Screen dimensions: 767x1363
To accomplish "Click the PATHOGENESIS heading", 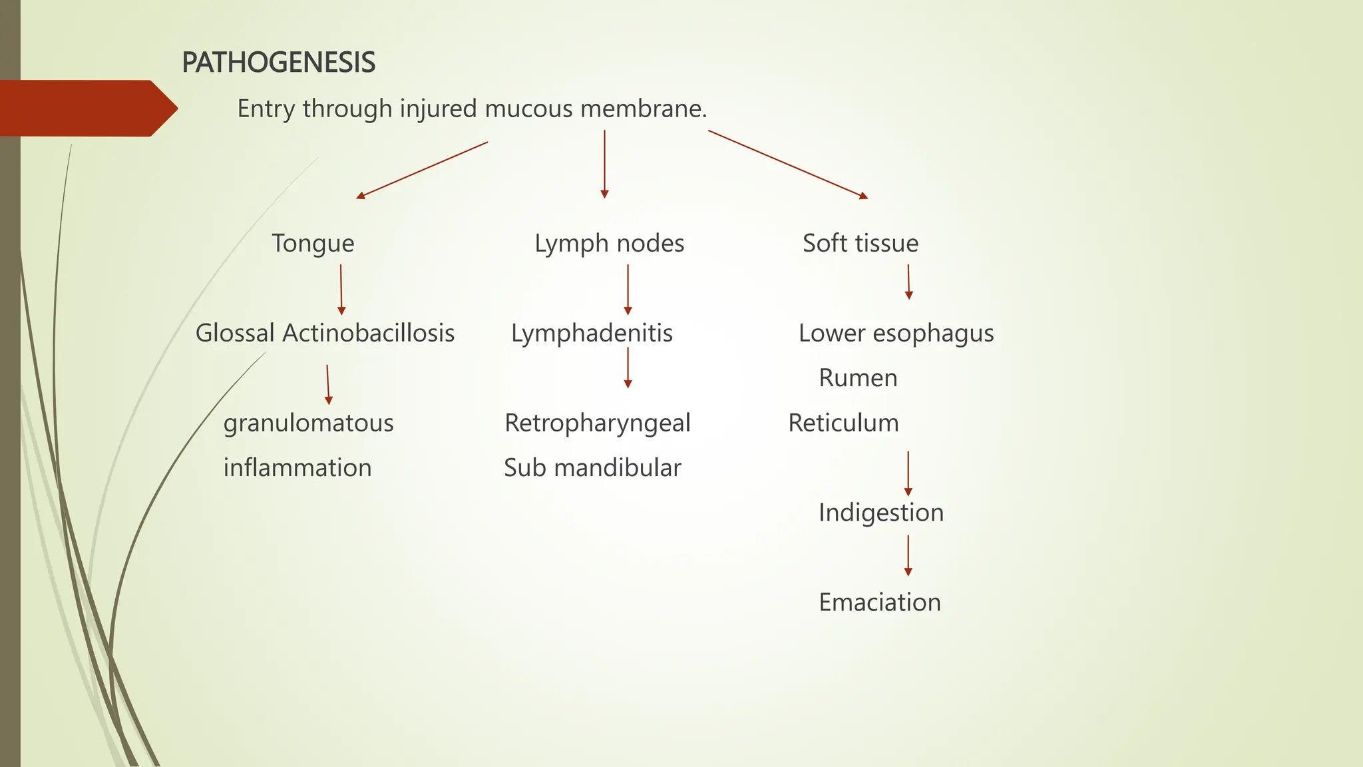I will click(278, 63).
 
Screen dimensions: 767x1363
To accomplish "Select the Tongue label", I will click(313, 244).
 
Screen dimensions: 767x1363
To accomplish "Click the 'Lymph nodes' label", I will click(609, 244).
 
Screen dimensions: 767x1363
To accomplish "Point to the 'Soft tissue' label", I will click(860, 244).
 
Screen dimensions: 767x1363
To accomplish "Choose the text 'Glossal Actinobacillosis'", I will click(325, 334).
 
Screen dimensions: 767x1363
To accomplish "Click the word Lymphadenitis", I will click(592, 334).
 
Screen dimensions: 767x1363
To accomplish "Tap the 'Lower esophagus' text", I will click(896, 334).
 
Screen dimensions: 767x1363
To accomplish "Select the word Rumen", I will click(858, 378).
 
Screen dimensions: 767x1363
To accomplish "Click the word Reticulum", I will click(843, 423).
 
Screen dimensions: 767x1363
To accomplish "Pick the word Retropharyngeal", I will click(597, 423).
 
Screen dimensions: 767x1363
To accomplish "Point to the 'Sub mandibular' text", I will click(592, 468).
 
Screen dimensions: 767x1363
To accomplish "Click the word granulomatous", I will click(308, 423).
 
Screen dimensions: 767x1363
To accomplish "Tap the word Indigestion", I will click(880, 513).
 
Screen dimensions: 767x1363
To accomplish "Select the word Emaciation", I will click(879, 603).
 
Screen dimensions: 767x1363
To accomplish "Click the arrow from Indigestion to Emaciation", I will click(908, 555).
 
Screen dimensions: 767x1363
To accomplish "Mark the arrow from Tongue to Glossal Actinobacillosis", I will click(341, 290).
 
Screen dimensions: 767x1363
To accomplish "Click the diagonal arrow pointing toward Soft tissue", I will click(788, 164).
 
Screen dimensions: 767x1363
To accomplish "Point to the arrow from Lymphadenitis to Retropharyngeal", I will click(628, 368).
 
